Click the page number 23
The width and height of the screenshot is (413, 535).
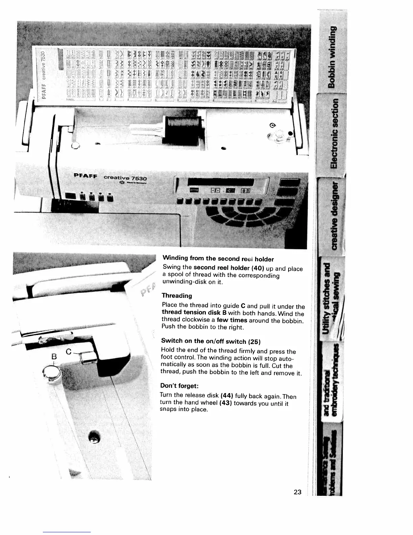tap(297, 492)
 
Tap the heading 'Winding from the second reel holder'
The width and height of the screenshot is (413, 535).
tap(218, 259)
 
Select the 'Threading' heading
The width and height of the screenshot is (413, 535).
tap(176, 296)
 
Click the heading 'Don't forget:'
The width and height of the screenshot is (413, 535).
tap(179, 386)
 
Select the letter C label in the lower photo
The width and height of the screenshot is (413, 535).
tap(68, 352)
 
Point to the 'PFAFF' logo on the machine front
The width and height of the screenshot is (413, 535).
tap(86, 176)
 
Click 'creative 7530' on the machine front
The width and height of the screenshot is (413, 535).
tap(125, 178)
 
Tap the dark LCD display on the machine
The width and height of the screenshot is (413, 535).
tap(223, 181)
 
